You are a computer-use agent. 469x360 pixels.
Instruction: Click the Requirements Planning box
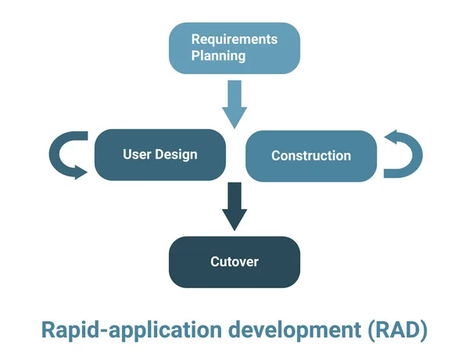[234, 48]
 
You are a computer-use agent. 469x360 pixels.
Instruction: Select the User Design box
[159, 155]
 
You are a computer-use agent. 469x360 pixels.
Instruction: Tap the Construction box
[310, 155]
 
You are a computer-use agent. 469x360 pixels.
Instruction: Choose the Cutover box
[234, 262]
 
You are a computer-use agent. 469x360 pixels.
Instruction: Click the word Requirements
[234, 38]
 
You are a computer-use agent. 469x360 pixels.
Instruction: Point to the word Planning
[219, 56]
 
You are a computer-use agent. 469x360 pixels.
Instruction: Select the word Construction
[310, 155]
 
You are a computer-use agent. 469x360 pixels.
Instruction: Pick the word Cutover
[234, 262]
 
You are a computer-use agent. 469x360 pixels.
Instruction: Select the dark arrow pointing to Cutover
[234, 205]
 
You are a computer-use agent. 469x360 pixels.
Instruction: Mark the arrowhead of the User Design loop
[80, 172]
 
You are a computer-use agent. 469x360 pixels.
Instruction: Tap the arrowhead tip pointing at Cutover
[234, 227]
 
